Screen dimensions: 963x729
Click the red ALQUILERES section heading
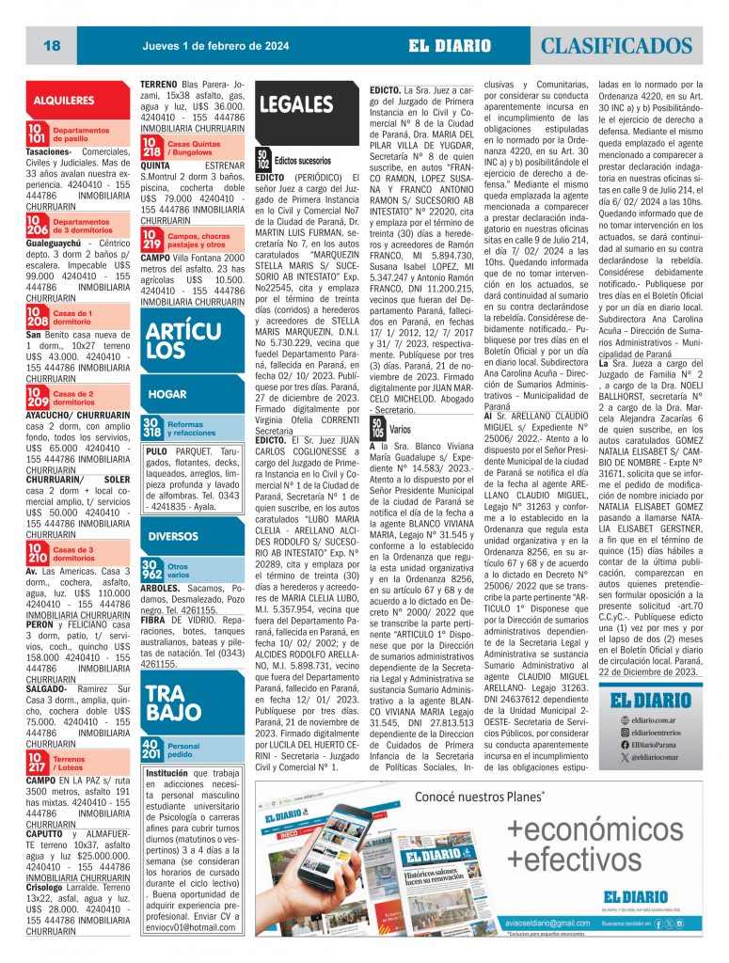(64, 100)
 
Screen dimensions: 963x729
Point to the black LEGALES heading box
(294, 105)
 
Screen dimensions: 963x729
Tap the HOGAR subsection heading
(167, 395)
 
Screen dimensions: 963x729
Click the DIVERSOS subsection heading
(173, 536)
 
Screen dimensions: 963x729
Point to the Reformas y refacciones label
(192, 429)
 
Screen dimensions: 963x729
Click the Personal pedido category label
(184, 750)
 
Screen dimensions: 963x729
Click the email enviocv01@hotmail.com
(190, 926)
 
